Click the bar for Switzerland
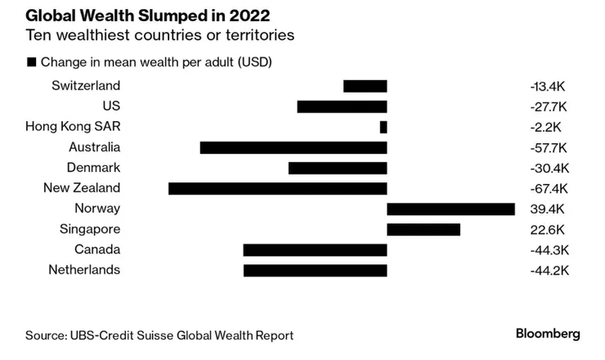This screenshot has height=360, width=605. [365, 86]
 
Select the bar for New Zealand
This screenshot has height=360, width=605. [277, 188]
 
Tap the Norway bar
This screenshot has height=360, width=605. [450, 209]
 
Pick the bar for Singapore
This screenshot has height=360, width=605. [423, 229]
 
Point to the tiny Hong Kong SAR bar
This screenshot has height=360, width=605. [383, 127]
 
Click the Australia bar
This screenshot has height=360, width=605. [293, 147]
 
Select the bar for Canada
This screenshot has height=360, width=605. [315, 250]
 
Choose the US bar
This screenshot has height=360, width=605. [342, 106]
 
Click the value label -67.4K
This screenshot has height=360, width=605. [549, 188]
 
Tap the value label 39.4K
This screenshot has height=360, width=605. [546, 209]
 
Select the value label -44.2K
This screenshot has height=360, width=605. [549, 270]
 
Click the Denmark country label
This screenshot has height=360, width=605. [93, 168]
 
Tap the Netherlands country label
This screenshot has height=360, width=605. [84, 270]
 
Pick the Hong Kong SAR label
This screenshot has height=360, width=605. [73, 127]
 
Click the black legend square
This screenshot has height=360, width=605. [32, 62]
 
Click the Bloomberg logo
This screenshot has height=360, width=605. [548, 334]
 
